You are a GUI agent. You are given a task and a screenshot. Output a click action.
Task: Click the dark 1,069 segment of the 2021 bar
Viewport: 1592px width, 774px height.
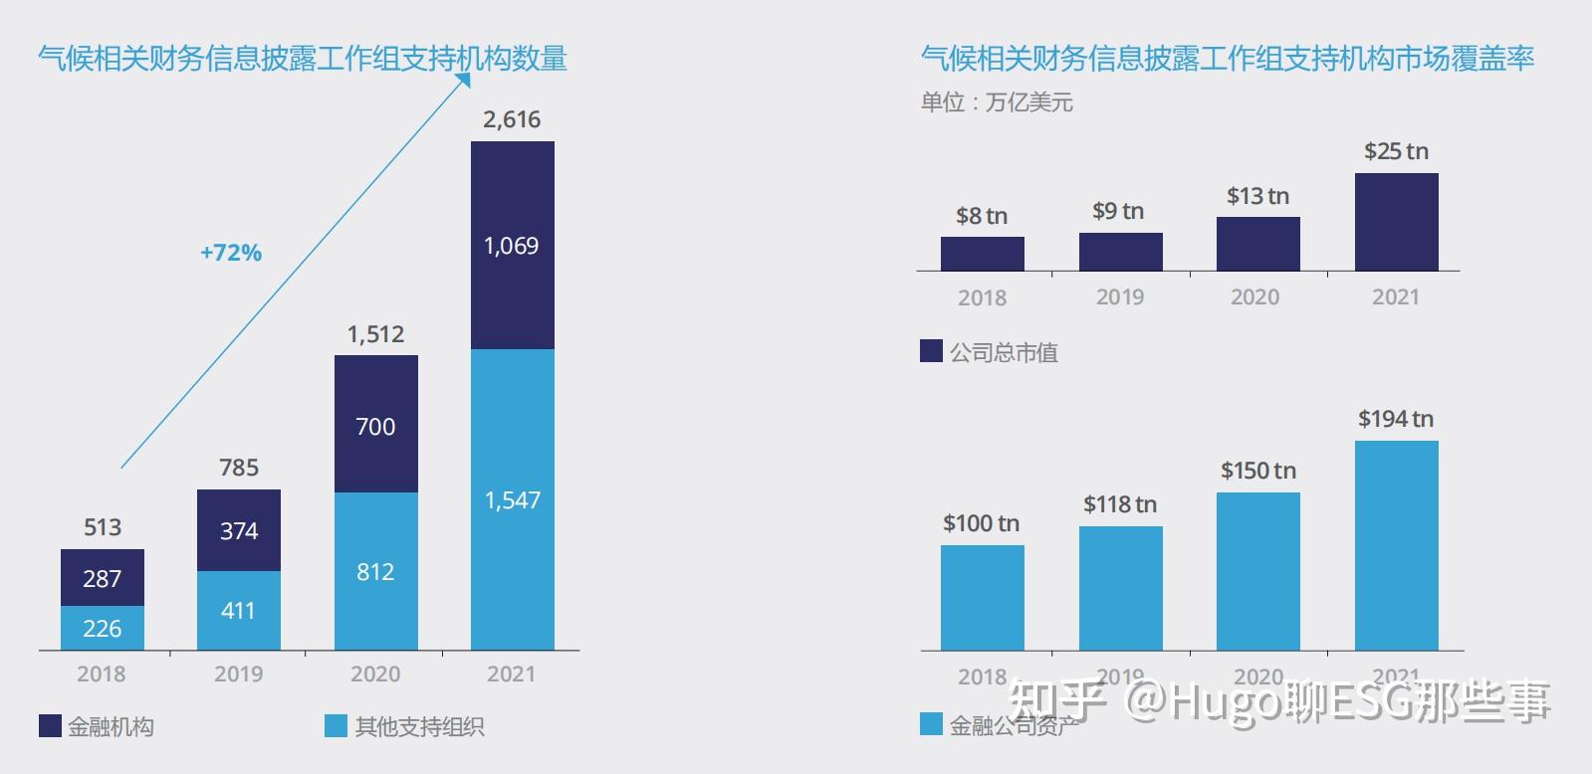pos(512,245)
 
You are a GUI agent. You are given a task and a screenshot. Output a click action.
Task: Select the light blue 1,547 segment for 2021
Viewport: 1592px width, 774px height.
pos(512,499)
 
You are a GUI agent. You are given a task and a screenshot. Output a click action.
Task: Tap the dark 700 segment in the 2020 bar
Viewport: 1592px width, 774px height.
pos(375,426)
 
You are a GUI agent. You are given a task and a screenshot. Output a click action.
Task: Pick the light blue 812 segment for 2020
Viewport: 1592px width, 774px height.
pos(375,571)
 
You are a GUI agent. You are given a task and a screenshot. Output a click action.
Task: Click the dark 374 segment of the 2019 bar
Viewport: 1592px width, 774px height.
pos(238,530)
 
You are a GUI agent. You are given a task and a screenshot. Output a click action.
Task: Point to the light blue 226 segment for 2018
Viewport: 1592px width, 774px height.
pos(102,628)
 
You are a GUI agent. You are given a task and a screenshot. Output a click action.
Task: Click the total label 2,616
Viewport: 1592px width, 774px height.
pos(512,119)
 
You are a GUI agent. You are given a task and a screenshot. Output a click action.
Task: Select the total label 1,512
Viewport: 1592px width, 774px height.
pos(375,334)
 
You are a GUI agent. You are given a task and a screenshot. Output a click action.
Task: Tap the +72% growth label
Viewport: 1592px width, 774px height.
pos(231,253)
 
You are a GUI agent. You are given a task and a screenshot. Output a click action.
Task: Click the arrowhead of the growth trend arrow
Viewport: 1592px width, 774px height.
pos(463,80)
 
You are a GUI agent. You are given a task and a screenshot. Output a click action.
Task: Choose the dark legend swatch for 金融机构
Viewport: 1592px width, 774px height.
pos(50,726)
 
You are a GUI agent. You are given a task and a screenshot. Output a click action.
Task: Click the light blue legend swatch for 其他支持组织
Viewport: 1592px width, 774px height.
pos(336,726)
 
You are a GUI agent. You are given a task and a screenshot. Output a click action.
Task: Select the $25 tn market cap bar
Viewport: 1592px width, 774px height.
pos(1396,222)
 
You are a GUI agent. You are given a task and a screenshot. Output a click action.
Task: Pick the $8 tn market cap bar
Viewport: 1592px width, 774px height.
pos(982,254)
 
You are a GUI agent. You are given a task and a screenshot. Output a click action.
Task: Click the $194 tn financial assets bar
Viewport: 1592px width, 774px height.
pos(1396,545)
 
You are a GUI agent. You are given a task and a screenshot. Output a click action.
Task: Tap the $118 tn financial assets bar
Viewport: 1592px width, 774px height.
pos(1120,588)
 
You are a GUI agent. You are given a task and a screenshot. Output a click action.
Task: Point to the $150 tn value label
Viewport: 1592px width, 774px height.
pos(1258,471)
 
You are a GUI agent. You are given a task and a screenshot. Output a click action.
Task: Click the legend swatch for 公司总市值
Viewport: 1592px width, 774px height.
pos(931,351)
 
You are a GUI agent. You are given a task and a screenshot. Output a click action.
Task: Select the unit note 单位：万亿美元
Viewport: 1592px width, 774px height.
pos(997,102)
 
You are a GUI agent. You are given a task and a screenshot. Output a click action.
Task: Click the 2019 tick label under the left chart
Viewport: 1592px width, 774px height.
pos(238,675)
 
